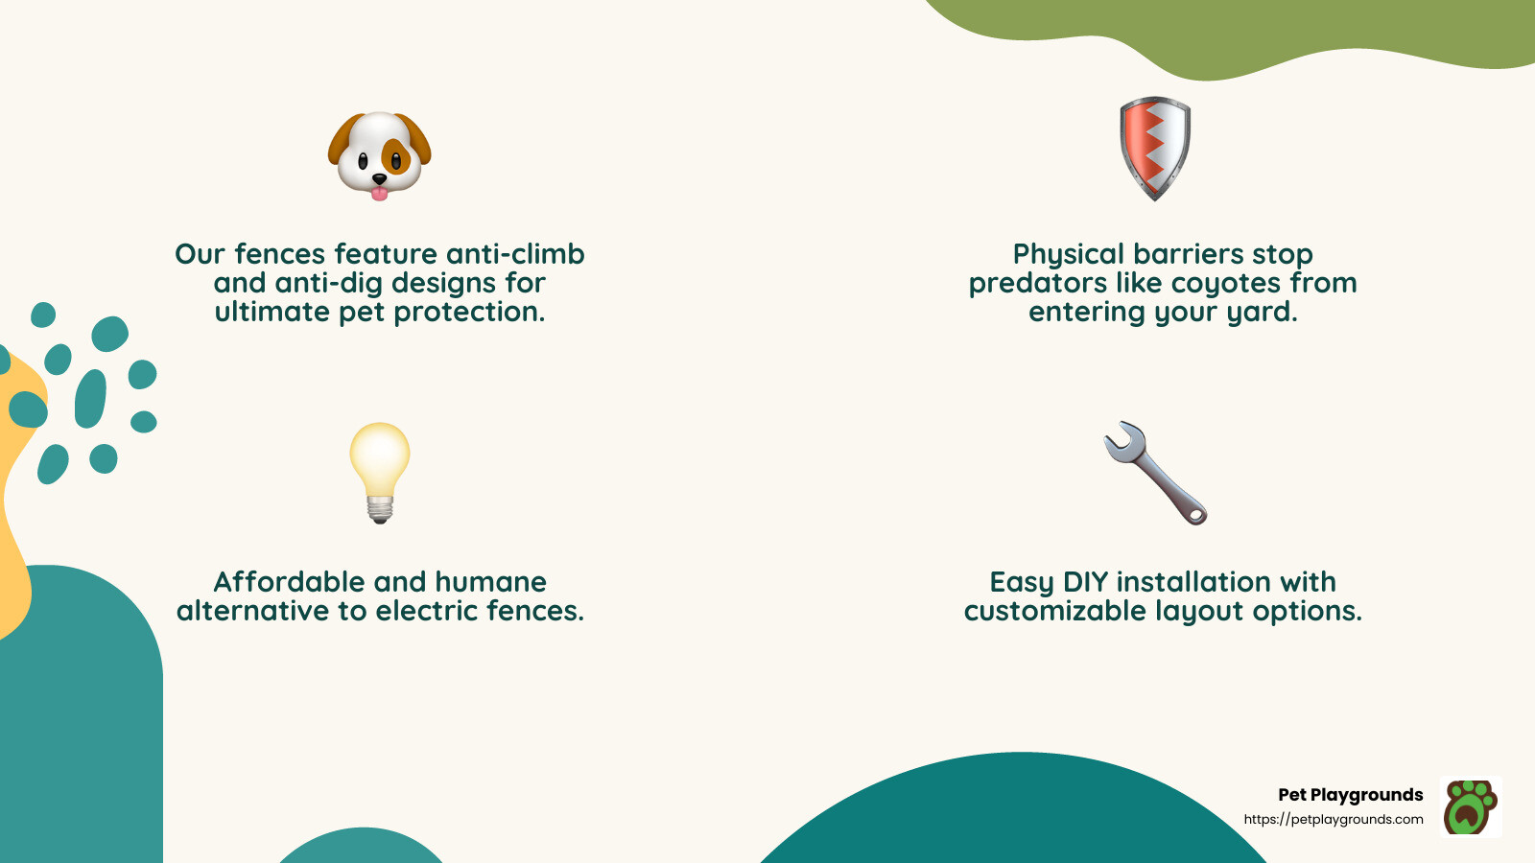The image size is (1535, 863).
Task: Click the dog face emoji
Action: point(380,153)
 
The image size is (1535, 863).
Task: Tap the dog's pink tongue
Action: point(380,194)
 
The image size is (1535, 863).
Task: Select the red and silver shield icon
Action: point(1155,148)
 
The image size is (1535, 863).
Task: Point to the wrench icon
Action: point(1155,472)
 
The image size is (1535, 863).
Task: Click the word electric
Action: point(426,611)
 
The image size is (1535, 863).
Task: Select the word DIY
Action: point(1086,582)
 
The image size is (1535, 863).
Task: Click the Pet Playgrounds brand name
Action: point(1350,795)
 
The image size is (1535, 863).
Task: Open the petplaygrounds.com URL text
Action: point(1334,819)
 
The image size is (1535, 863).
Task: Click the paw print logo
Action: point(1471,806)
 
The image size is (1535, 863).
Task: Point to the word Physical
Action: point(1069,254)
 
